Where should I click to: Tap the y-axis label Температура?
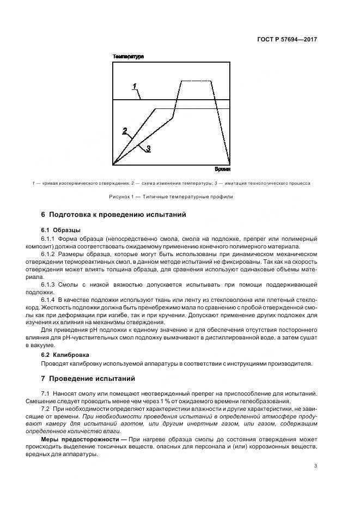tap(128, 57)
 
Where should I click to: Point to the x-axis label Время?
tap(222, 170)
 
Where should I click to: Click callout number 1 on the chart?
tap(135, 86)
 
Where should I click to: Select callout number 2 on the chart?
tap(125, 130)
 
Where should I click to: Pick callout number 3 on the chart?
tap(148, 148)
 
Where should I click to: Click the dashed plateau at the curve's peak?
tap(197, 81)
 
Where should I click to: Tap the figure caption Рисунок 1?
tap(179, 197)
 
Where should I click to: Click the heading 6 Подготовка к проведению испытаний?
tap(114, 215)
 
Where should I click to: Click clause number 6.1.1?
tap(49, 239)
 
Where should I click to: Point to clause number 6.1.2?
tap(49, 254)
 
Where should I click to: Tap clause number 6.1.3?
tap(49, 285)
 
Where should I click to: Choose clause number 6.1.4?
tap(49, 300)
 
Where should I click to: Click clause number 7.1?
tap(46, 393)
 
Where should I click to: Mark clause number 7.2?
tap(46, 409)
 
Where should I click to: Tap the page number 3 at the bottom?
tap(316, 465)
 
